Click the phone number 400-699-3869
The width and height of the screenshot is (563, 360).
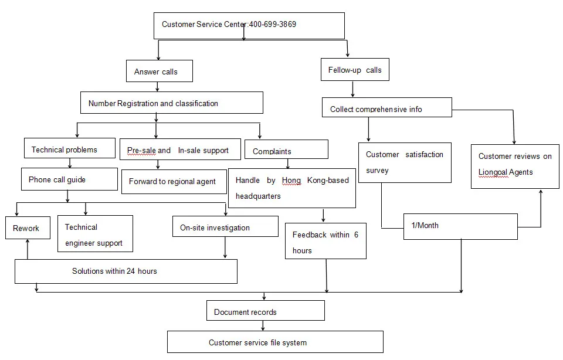273,25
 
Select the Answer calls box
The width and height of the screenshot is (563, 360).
160,71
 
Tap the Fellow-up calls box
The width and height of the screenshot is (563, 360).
355,69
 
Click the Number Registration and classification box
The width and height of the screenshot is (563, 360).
172,103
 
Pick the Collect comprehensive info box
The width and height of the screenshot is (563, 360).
386,107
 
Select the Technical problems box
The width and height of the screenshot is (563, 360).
70,148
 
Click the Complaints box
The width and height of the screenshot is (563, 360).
286,150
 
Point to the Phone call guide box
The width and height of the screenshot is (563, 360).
69,179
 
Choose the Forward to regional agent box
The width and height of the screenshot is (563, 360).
174,182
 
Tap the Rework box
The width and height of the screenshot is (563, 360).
28,228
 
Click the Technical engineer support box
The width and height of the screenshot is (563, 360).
95,234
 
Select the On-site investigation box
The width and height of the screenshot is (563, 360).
225,226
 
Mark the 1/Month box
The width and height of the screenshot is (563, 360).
460,227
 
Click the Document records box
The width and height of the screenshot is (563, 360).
265,311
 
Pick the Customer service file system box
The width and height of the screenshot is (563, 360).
275,342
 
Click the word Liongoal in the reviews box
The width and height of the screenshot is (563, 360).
493,172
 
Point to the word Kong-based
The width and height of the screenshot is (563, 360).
328,180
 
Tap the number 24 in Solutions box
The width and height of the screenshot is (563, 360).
131,271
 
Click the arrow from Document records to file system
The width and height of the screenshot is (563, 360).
263,326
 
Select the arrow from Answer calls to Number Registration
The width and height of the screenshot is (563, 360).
157,87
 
